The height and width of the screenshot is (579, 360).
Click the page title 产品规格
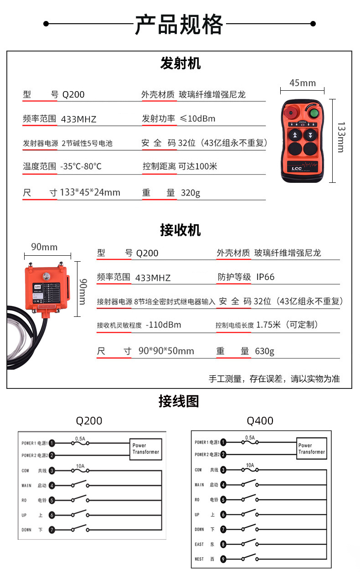179,24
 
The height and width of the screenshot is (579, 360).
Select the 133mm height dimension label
341,136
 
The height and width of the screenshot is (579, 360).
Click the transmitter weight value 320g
190,193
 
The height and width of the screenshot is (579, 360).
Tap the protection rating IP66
265,277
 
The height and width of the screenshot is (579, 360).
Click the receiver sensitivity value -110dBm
164,325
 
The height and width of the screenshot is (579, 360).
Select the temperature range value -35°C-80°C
81,166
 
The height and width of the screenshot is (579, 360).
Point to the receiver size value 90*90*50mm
166,351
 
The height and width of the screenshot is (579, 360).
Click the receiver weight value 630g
264,351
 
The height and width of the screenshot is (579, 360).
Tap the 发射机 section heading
180,63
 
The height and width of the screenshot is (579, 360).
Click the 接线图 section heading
179,402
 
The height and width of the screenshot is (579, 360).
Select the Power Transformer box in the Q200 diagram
145,449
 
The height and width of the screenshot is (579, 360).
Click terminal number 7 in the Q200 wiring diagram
52,530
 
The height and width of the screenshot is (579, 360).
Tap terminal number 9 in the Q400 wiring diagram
223,559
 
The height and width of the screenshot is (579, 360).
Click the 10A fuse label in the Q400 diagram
250,465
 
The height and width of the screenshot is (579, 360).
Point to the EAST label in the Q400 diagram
200,544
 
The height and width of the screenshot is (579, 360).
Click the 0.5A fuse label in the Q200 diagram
80,439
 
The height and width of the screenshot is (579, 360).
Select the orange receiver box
46,289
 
